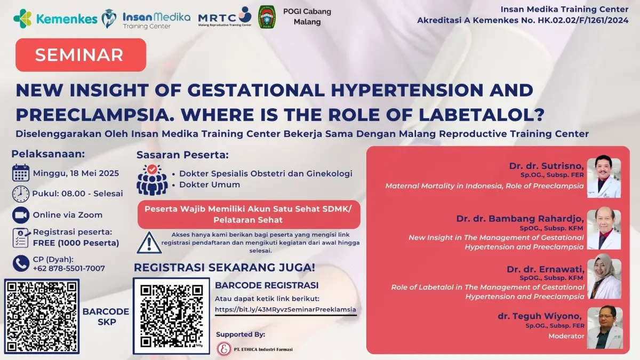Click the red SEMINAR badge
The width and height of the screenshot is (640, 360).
81,55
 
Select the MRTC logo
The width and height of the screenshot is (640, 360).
225,18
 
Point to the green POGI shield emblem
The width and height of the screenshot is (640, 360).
267,17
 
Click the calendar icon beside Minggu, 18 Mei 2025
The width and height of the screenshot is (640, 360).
21,173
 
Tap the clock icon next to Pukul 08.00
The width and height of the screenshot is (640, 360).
21,194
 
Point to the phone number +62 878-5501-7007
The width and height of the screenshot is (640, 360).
69,268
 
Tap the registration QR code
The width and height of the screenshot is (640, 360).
171,316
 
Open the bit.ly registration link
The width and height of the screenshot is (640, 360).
285,309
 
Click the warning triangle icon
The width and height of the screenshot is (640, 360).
149,243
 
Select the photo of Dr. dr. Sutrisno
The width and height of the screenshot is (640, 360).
604,178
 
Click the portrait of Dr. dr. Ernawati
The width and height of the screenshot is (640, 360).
604,279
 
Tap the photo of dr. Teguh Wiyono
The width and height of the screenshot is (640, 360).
605,327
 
